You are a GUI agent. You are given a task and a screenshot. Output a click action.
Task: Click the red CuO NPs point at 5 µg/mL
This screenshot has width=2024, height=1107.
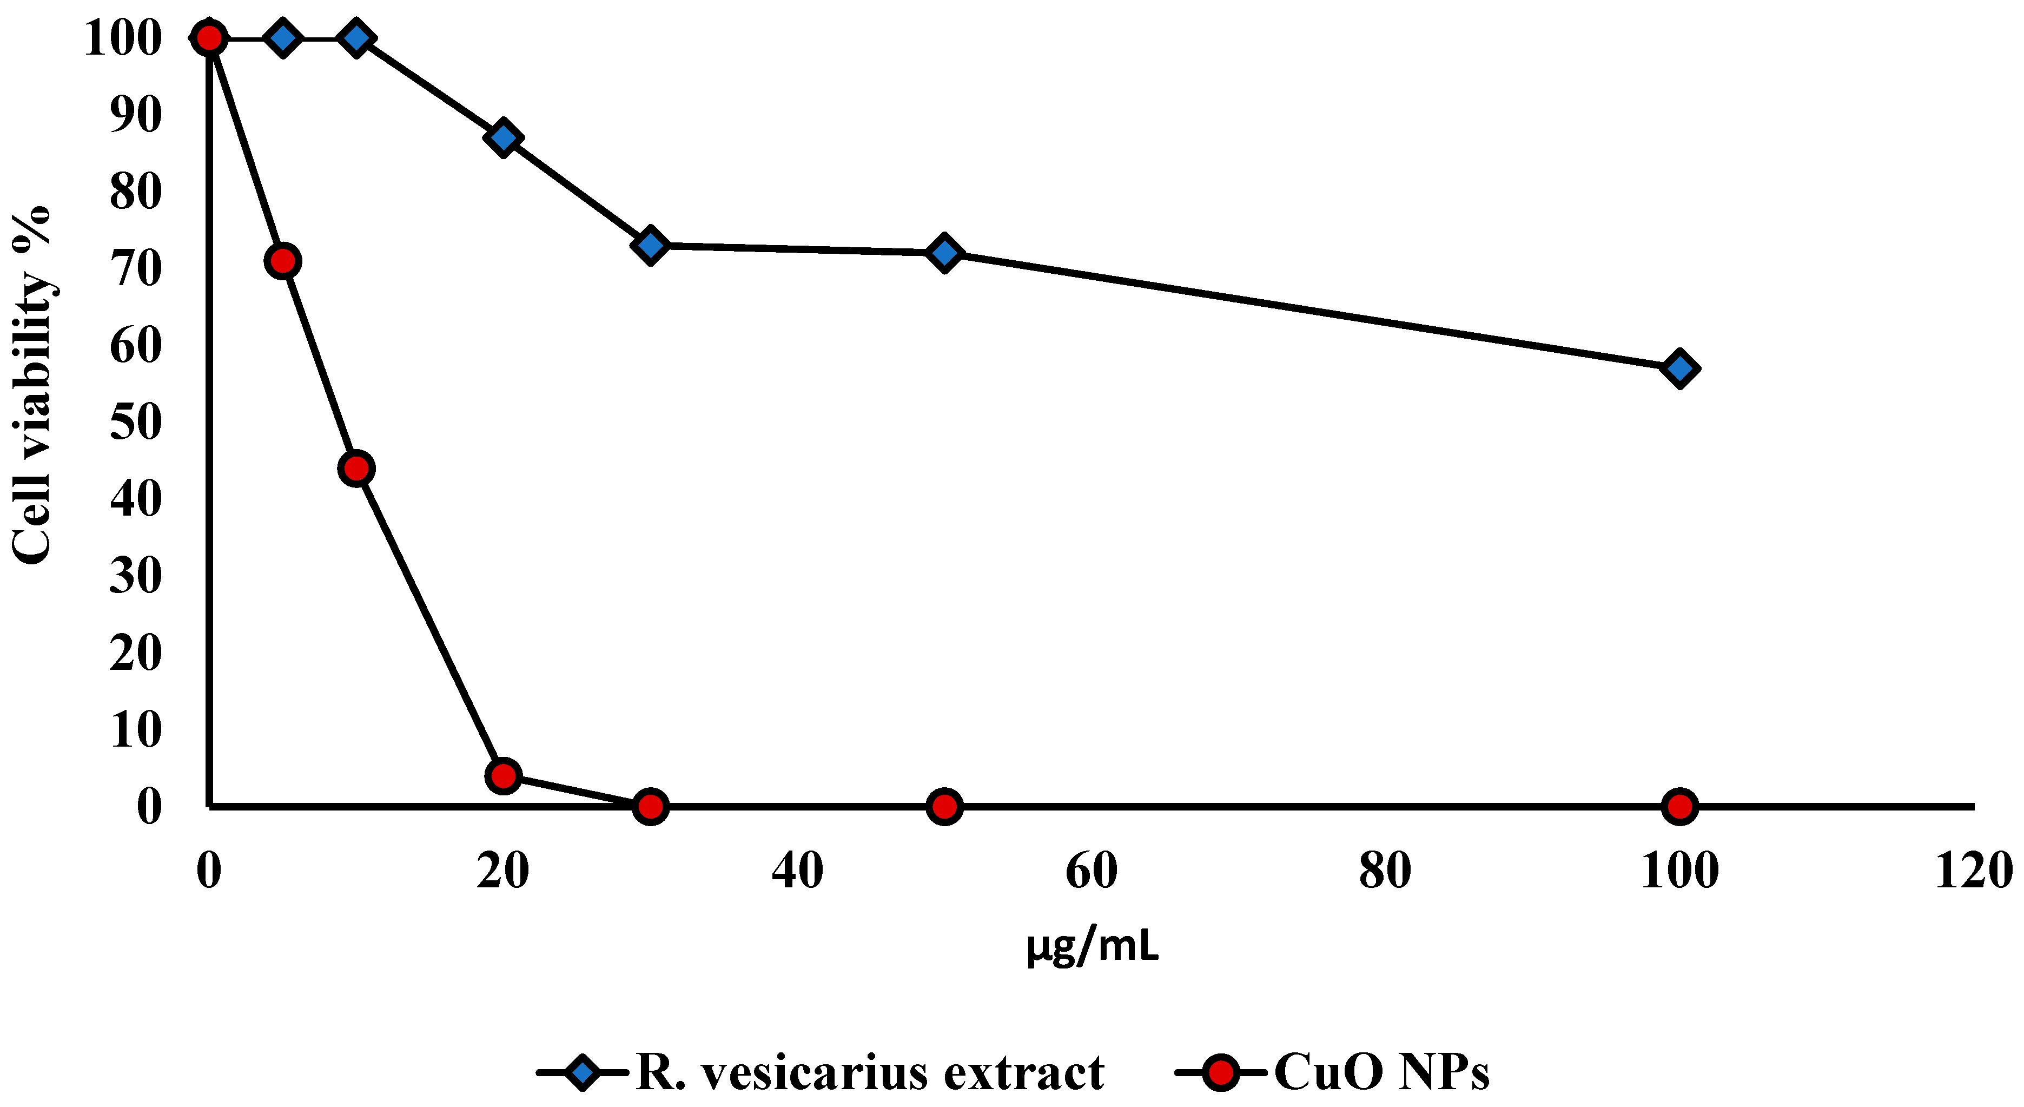click(283, 260)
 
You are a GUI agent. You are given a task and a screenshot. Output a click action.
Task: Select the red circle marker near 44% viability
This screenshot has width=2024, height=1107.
click(356, 469)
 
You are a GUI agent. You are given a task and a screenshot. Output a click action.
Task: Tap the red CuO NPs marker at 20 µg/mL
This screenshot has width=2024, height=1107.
click(504, 776)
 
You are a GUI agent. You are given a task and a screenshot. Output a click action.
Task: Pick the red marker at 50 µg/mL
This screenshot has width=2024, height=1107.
click(944, 807)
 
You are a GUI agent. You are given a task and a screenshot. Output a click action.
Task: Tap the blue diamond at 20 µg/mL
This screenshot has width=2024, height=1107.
click(504, 137)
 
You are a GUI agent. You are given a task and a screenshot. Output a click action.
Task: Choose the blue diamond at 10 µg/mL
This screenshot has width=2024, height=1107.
click(356, 38)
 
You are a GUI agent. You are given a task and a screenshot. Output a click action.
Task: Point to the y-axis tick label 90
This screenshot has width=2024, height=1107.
click(135, 115)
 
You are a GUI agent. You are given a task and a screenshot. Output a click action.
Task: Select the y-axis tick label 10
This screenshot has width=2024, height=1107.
click(135, 730)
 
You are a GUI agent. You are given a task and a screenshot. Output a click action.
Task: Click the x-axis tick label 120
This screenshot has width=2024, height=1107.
click(1973, 871)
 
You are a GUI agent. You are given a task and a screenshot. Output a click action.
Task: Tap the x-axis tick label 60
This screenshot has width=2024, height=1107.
click(1092, 871)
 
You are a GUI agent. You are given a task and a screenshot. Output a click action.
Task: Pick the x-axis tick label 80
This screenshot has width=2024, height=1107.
click(1385, 871)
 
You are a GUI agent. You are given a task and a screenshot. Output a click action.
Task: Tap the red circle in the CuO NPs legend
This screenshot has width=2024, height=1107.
click(1221, 1073)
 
